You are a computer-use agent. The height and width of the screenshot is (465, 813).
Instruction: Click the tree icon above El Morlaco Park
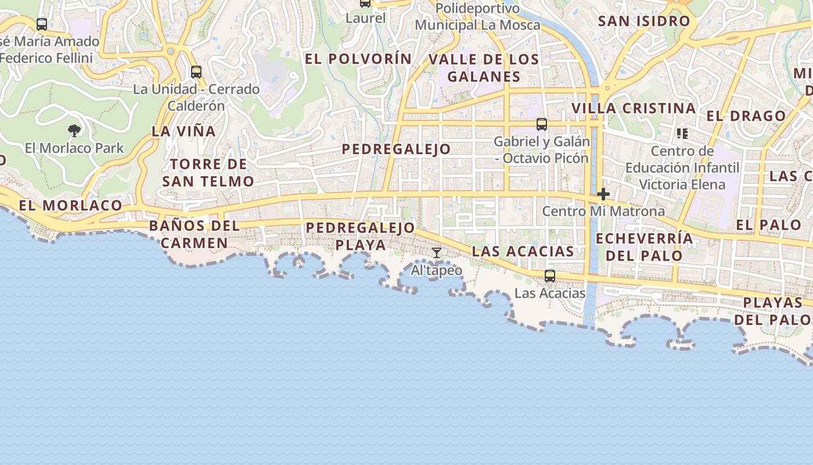tap(74, 130)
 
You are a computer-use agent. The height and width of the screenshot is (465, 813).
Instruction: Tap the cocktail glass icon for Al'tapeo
tap(437, 253)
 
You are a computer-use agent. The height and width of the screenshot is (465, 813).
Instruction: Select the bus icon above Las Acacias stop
tap(549, 276)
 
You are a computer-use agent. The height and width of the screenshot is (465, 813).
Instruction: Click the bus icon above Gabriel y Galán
tap(542, 124)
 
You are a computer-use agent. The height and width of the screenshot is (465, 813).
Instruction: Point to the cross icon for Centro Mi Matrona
tap(603, 194)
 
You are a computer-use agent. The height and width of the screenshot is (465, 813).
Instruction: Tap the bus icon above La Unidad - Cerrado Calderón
tap(196, 71)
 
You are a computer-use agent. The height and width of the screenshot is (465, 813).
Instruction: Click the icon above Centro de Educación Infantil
tap(682, 134)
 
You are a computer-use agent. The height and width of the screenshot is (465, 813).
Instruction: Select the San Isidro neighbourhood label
tap(644, 22)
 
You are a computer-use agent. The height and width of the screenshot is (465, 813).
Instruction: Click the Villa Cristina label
tap(634, 109)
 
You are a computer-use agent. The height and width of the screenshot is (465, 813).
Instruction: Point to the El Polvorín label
tap(358, 59)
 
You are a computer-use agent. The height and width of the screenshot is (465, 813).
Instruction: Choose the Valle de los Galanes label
tap(484, 68)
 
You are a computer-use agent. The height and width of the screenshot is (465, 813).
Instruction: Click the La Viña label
tap(184, 131)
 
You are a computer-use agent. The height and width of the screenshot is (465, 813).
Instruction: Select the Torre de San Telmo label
tap(208, 173)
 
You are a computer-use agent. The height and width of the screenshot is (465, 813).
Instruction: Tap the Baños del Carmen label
tap(194, 234)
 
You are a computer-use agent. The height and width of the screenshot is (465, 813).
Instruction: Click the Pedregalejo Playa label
tap(361, 236)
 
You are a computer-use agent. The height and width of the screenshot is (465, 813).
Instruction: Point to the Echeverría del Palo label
tap(645, 247)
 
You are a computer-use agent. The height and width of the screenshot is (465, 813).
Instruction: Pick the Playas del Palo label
tap(772, 311)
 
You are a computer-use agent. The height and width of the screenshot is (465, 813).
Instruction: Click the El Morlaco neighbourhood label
tap(70, 205)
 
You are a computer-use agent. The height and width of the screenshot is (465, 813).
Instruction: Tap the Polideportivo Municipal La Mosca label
tap(477, 17)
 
